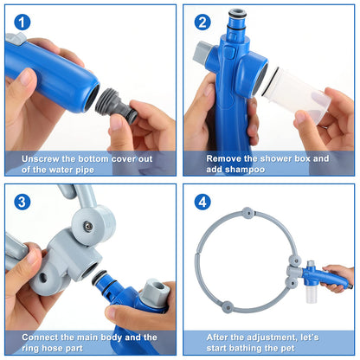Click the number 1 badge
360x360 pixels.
tap(22, 22)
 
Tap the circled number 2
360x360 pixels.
tap(202, 22)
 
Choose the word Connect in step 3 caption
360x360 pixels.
tap(40, 337)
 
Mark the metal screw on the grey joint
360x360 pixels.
tap(87, 226)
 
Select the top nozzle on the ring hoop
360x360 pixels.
tap(247, 212)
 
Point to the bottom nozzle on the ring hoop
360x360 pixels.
tap(247, 306)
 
